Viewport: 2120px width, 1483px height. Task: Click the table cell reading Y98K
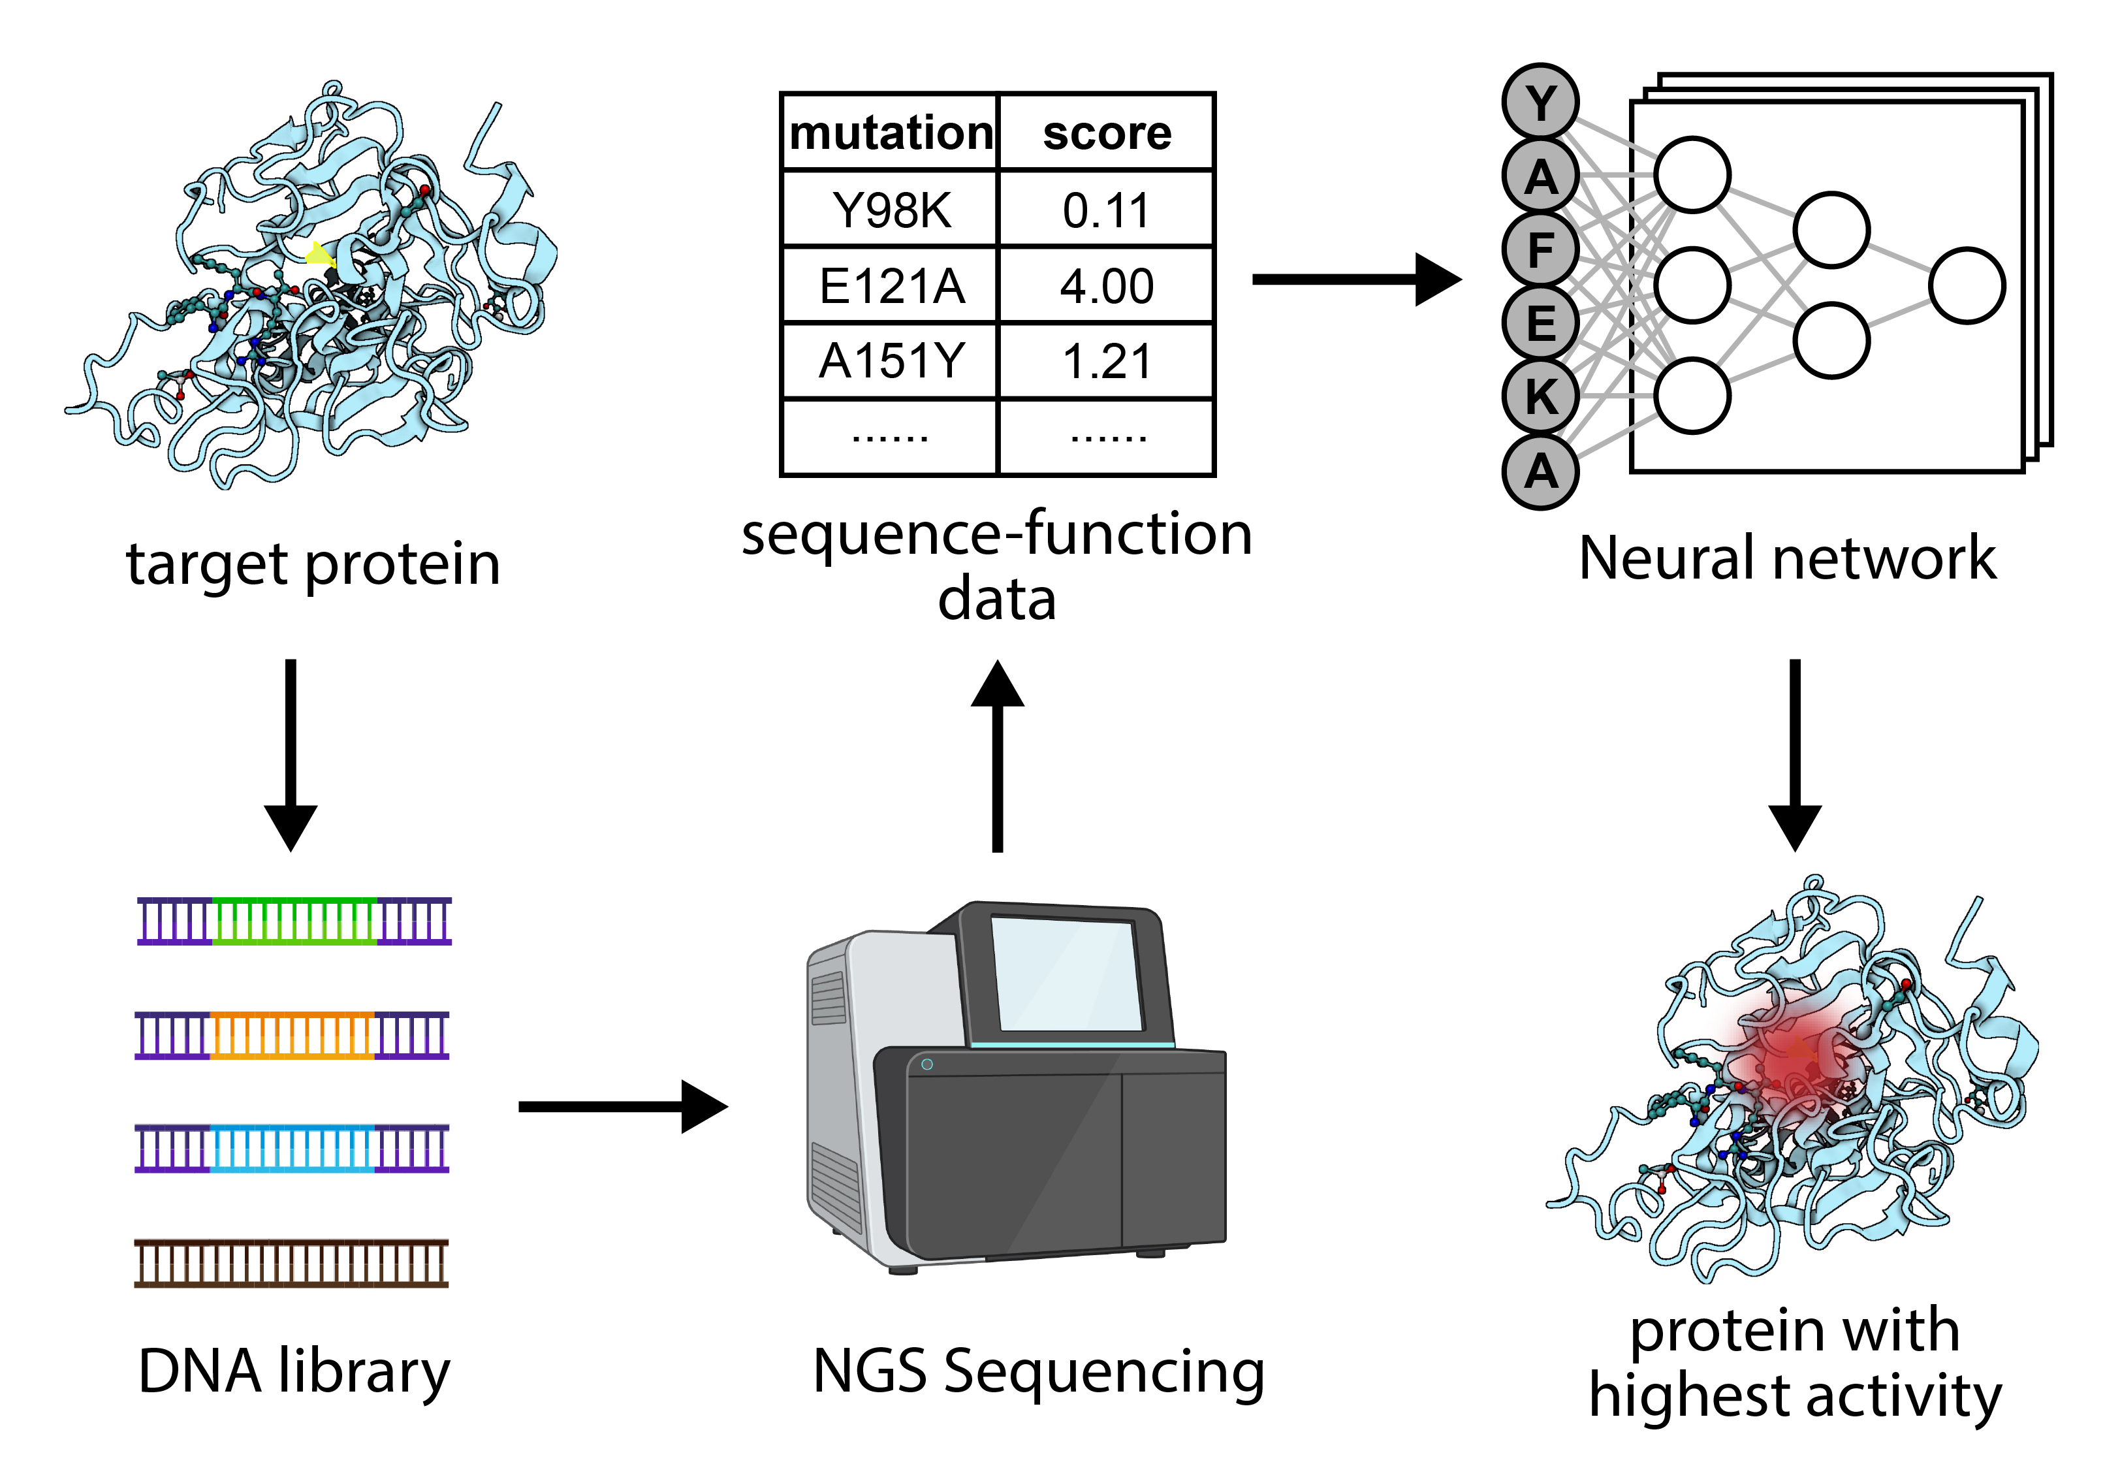[890, 210]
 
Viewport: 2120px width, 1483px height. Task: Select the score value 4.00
[1106, 285]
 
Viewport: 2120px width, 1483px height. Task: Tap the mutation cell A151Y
[890, 361]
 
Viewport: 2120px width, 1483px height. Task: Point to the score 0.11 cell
[1106, 210]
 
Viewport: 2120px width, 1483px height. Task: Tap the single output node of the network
[1967, 285]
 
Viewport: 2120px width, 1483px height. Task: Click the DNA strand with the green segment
[294, 921]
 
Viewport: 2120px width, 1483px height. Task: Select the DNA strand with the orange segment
[292, 1035]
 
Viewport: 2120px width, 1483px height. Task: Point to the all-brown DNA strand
[292, 1263]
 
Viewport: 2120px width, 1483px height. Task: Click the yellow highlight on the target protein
[319, 254]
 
